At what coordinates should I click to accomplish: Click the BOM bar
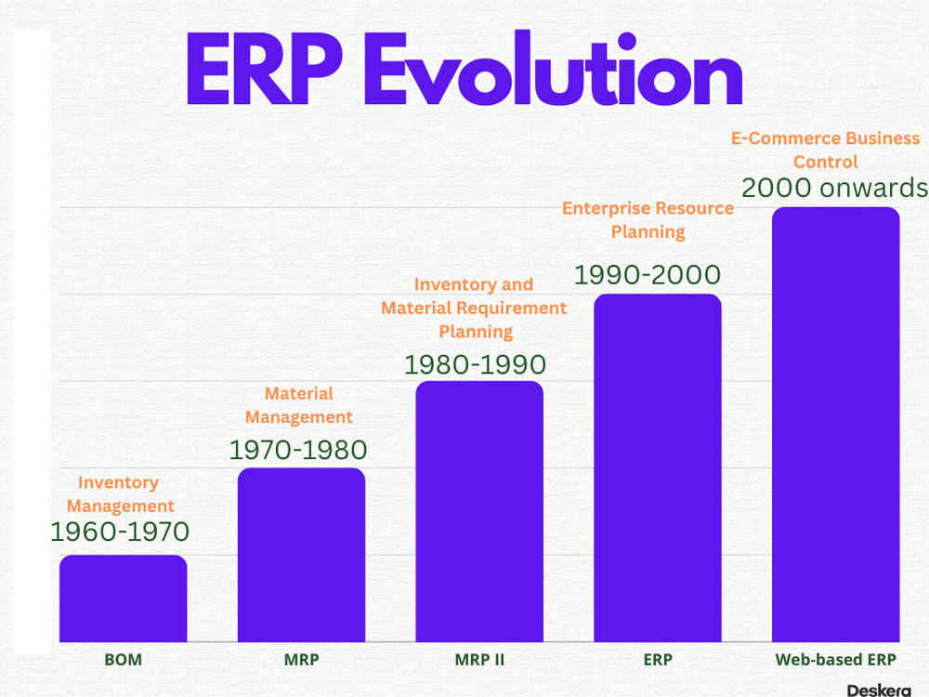click(123, 598)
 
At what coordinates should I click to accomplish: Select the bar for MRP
click(301, 555)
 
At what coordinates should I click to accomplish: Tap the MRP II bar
click(479, 511)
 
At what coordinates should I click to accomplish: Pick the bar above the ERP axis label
click(657, 467)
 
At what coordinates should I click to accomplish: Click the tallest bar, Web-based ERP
click(836, 424)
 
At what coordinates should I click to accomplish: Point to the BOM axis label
click(123, 661)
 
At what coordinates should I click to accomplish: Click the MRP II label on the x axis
click(479, 661)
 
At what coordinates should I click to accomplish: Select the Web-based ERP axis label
click(836, 661)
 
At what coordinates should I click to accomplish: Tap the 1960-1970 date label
click(119, 533)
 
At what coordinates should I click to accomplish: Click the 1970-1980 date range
click(298, 451)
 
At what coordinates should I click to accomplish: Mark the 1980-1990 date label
click(476, 364)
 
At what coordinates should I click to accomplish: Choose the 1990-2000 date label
click(648, 275)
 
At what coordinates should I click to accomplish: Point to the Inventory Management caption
click(120, 494)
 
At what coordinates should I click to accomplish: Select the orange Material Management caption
click(299, 405)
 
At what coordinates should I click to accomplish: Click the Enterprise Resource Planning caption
click(648, 219)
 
